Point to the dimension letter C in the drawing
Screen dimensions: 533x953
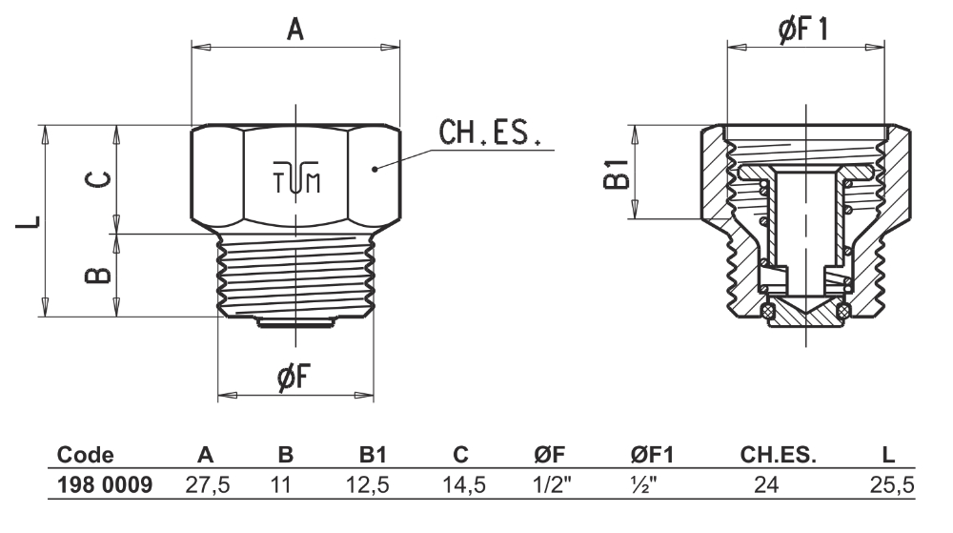click(97, 179)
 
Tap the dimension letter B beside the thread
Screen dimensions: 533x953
click(97, 275)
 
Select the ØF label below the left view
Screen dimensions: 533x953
click(294, 379)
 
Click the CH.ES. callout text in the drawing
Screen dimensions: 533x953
click(489, 133)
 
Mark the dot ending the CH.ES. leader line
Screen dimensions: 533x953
click(376, 169)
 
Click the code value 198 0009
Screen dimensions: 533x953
click(105, 485)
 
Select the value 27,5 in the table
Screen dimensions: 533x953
click(207, 485)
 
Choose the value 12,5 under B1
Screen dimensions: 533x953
click(367, 485)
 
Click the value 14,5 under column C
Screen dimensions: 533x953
click(465, 485)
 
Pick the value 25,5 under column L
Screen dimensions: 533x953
click(892, 485)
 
